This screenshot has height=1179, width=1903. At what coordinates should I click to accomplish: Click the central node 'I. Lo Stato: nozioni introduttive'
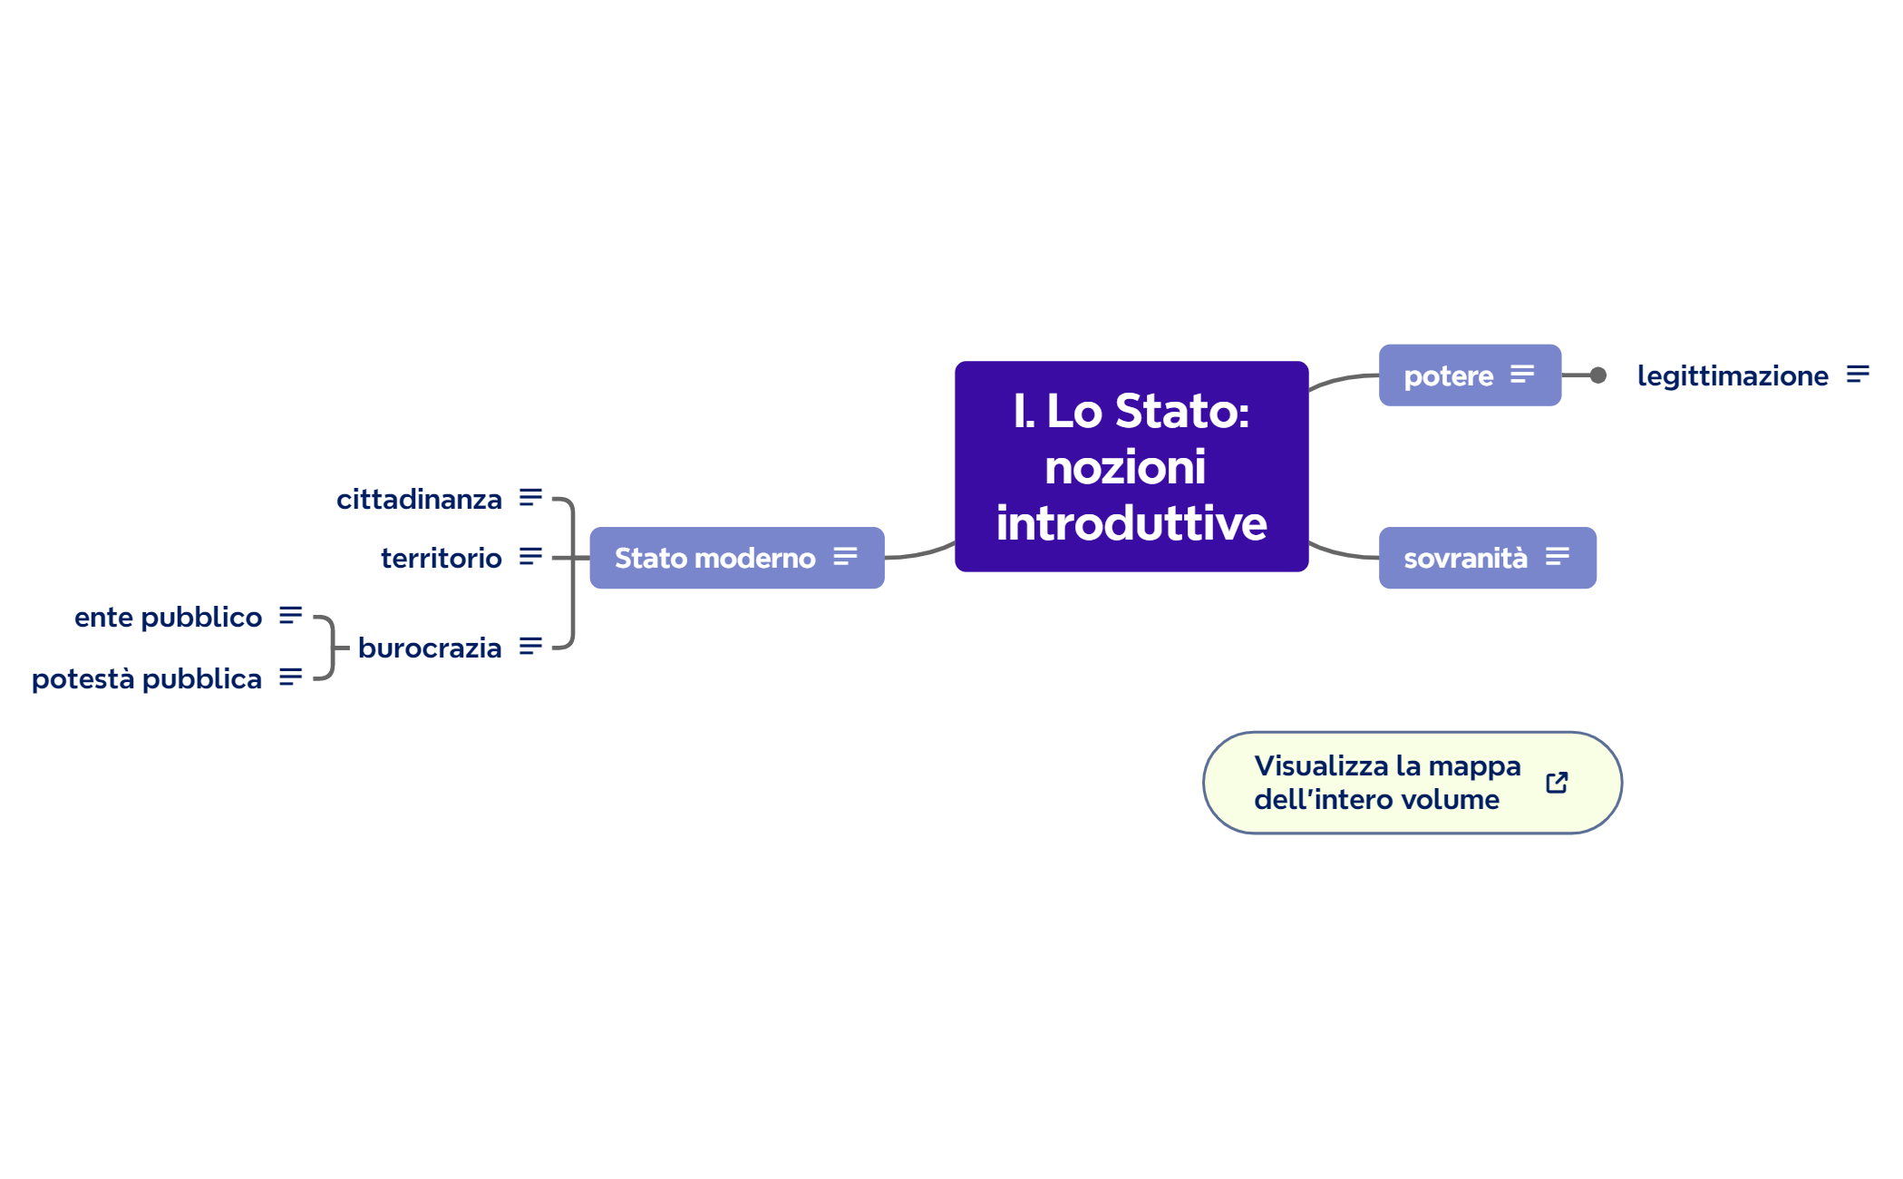click(x=1131, y=466)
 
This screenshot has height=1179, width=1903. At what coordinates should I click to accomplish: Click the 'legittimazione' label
click(x=1732, y=375)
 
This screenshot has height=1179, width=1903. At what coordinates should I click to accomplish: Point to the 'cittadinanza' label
click(x=419, y=499)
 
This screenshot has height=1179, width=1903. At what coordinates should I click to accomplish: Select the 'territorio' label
click(x=441, y=558)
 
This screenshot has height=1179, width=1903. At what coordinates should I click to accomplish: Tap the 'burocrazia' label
click(x=430, y=648)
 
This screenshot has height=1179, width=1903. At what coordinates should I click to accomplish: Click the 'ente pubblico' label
click(x=168, y=617)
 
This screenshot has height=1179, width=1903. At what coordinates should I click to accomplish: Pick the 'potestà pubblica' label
click(x=147, y=678)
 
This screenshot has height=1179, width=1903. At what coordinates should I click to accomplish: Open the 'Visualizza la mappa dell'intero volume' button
click(x=1387, y=783)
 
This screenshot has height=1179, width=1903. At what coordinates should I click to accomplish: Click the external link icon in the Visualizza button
click(x=1557, y=783)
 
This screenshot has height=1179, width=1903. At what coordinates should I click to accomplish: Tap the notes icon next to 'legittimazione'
click(x=1858, y=374)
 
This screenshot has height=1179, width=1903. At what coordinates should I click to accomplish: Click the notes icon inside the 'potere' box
click(x=1522, y=374)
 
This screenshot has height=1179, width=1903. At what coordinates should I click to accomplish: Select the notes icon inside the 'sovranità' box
click(x=1558, y=556)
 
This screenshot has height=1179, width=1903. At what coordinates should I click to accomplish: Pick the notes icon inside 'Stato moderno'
click(x=845, y=556)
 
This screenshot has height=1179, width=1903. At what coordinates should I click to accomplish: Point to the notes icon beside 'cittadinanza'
click(x=530, y=497)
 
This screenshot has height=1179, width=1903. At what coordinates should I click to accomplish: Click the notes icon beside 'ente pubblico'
click(x=290, y=615)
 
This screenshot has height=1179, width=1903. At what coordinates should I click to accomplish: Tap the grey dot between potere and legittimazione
click(x=1598, y=375)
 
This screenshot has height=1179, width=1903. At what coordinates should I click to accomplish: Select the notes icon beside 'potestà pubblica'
click(x=290, y=677)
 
